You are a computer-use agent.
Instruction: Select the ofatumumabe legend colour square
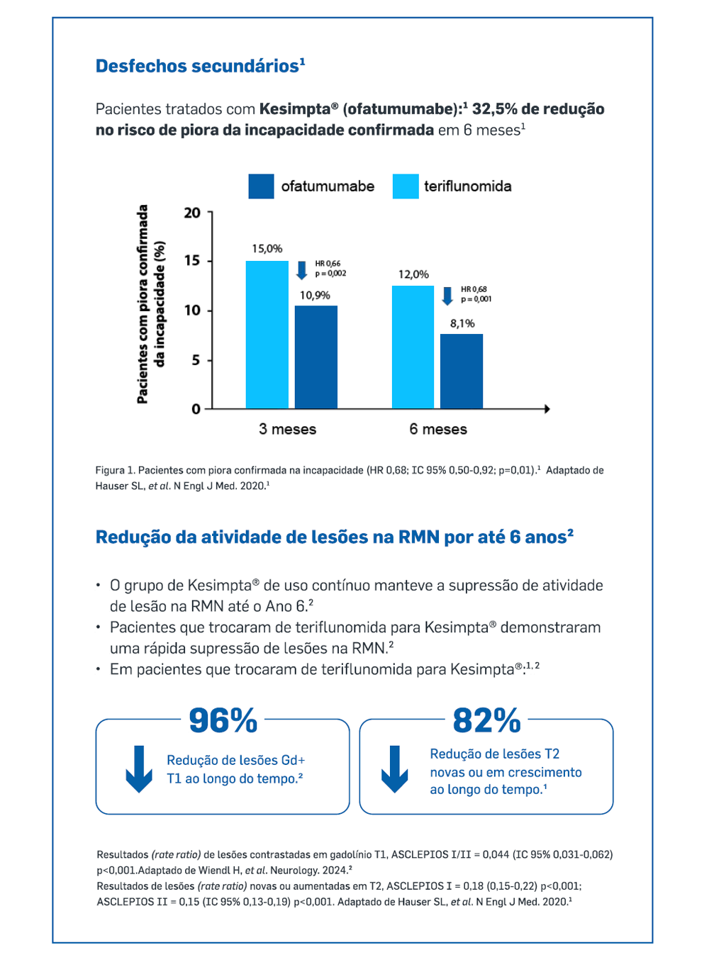[261, 186]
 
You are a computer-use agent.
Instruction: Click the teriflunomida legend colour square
[406, 186]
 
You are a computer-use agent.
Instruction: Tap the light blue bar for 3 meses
[267, 335]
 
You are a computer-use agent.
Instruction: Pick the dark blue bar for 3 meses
[316, 357]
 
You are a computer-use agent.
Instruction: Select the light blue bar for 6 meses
[413, 347]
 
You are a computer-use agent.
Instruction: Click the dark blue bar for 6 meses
[462, 371]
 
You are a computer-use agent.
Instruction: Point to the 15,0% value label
[267, 249]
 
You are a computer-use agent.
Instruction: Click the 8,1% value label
[462, 323]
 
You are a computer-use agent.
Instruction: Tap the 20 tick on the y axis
[192, 213]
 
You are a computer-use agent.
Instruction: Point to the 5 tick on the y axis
[196, 360]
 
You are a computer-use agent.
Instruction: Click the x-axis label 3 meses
[287, 429]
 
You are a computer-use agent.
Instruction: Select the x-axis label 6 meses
[438, 429]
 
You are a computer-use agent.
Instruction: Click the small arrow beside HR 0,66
[302, 269]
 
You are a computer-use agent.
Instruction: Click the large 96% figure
[223, 721]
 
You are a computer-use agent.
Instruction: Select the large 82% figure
[486, 721]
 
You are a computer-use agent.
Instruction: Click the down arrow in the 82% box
[394, 769]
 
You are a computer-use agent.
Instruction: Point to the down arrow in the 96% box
[139, 769]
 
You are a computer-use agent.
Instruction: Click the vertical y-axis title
[151, 305]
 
